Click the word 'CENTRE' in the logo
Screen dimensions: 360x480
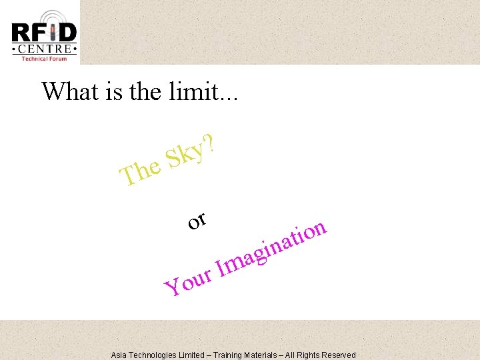[44, 49]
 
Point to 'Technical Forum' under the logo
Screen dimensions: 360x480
[44, 58]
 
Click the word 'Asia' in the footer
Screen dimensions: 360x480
[120, 355]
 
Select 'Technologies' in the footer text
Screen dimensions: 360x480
[153, 355]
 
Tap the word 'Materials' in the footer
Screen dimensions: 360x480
[268, 355]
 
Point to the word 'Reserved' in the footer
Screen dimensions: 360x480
[339, 355]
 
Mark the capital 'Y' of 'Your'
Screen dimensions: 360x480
[173, 287]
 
